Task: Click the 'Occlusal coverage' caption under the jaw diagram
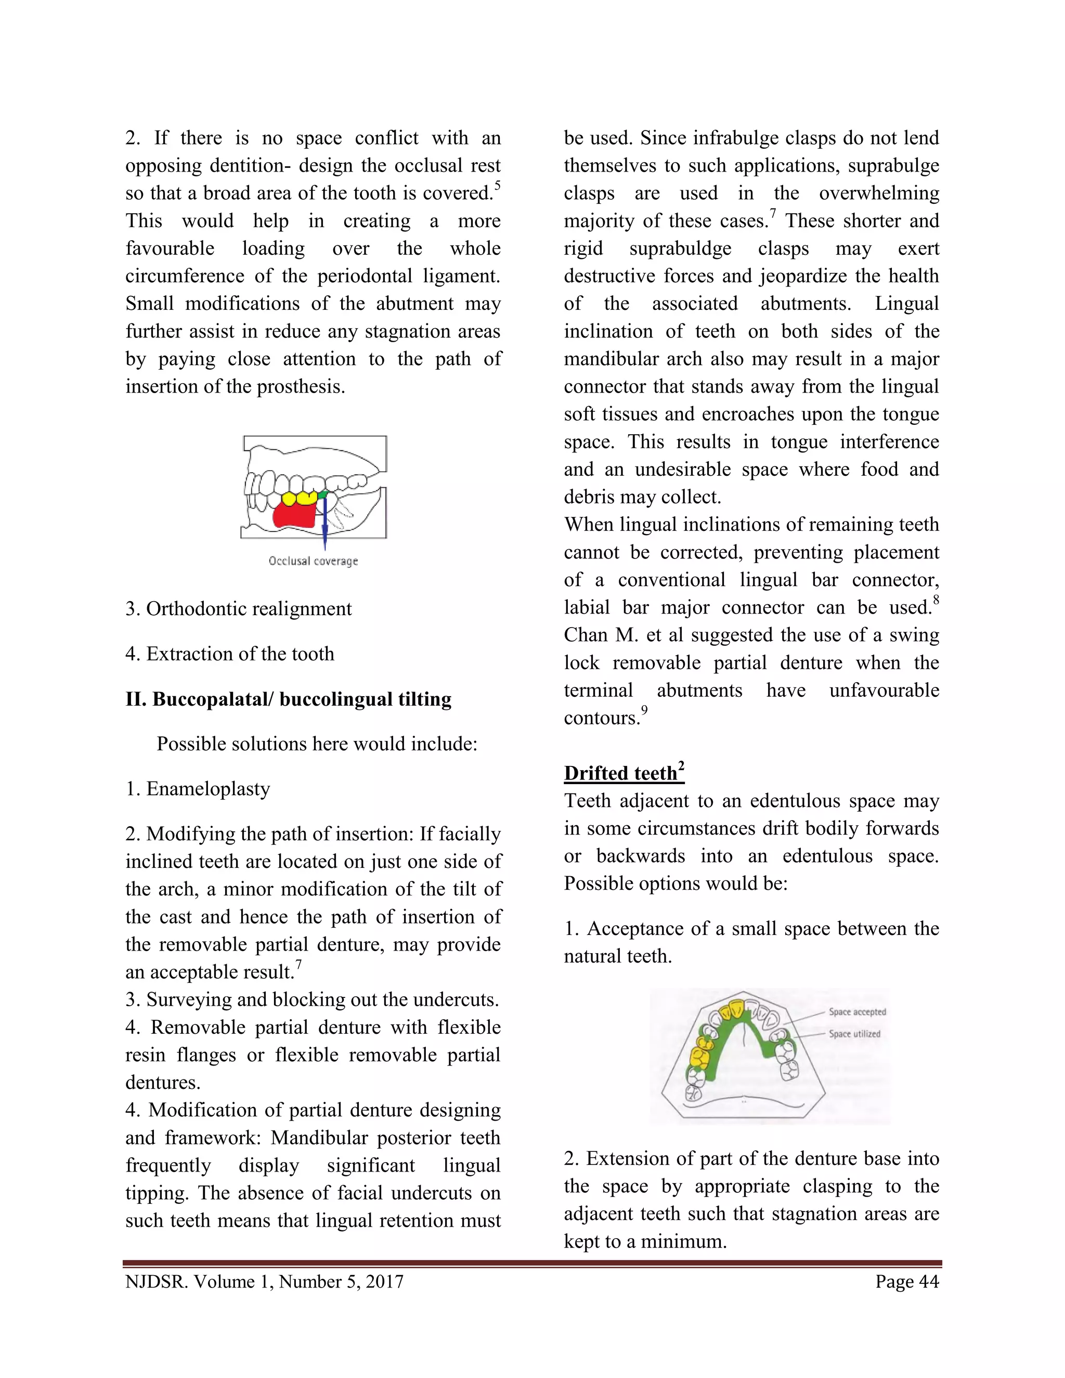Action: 313,561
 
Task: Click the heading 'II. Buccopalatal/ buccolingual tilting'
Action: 288,699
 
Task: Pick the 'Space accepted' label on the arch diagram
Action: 857,1011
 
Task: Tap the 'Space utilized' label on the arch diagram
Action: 854,1034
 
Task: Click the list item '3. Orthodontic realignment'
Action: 239,609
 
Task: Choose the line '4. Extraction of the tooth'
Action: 230,654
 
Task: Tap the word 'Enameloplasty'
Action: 208,789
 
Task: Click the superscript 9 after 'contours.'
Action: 644,710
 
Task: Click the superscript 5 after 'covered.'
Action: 497,186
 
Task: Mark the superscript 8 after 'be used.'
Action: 936,600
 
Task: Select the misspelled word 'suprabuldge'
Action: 680,249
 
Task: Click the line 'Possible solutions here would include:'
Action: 317,744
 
